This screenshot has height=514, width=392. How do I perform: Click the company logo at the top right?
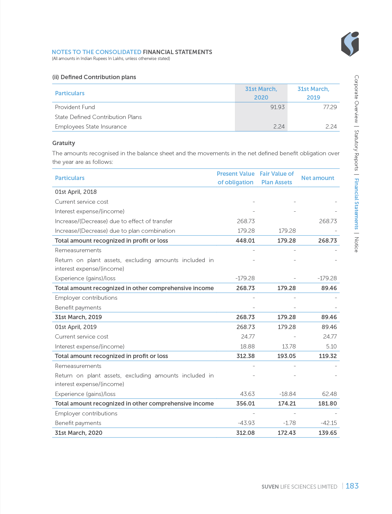click(350, 44)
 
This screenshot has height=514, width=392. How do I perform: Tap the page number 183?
click(352, 486)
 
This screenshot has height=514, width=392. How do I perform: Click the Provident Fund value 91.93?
click(277, 107)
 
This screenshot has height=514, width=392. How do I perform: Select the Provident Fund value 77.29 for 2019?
click(330, 107)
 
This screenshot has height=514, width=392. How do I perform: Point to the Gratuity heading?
click(64, 143)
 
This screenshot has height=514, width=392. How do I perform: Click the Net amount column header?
click(317, 178)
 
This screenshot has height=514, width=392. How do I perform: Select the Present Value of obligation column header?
click(235, 178)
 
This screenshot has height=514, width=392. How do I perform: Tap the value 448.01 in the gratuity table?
click(245, 241)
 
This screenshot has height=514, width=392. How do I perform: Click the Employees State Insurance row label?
click(91, 127)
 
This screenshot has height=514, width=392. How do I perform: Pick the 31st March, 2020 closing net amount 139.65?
click(327, 433)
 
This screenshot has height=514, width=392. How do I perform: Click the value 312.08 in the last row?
click(245, 433)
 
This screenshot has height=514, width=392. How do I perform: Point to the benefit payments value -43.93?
click(246, 423)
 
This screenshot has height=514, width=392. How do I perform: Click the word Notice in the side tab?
click(356, 245)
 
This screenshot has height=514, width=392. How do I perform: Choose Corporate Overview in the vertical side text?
click(356, 99)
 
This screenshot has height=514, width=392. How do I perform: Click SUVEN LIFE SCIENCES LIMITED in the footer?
click(299, 487)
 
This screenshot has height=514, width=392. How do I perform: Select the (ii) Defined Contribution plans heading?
click(94, 77)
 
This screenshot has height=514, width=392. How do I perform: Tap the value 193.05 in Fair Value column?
click(286, 356)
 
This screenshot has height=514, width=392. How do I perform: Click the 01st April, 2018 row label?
click(76, 192)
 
